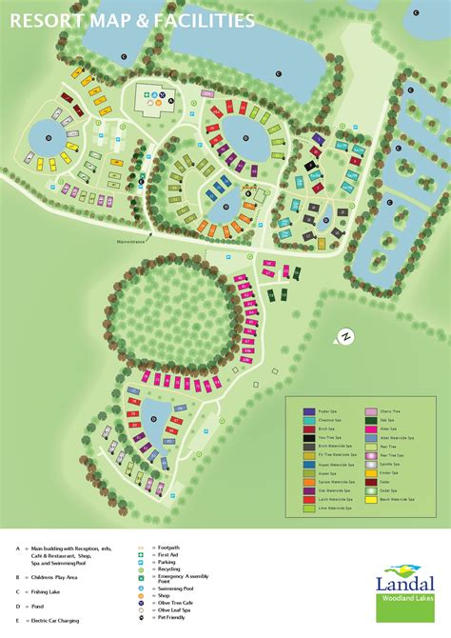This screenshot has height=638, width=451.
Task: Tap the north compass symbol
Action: click(344, 336)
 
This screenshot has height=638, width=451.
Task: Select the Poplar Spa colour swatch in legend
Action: click(310, 411)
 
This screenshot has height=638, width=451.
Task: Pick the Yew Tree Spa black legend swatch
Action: click(310, 437)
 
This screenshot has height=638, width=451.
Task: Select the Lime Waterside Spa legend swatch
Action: click(310, 508)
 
